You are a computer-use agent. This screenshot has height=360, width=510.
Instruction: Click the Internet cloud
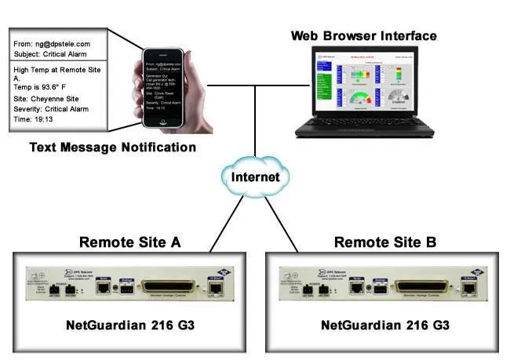click(x=255, y=176)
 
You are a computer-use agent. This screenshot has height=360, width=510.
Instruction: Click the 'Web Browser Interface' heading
click(x=364, y=36)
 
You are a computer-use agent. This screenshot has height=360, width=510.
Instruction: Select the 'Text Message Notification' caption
click(x=113, y=147)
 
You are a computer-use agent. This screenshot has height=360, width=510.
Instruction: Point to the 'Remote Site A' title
click(x=129, y=242)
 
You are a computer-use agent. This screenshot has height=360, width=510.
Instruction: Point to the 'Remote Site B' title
click(x=384, y=242)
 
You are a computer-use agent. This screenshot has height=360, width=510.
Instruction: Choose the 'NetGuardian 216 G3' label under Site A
click(x=129, y=325)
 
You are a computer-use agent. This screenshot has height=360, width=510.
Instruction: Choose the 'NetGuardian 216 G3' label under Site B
click(x=384, y=325)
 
